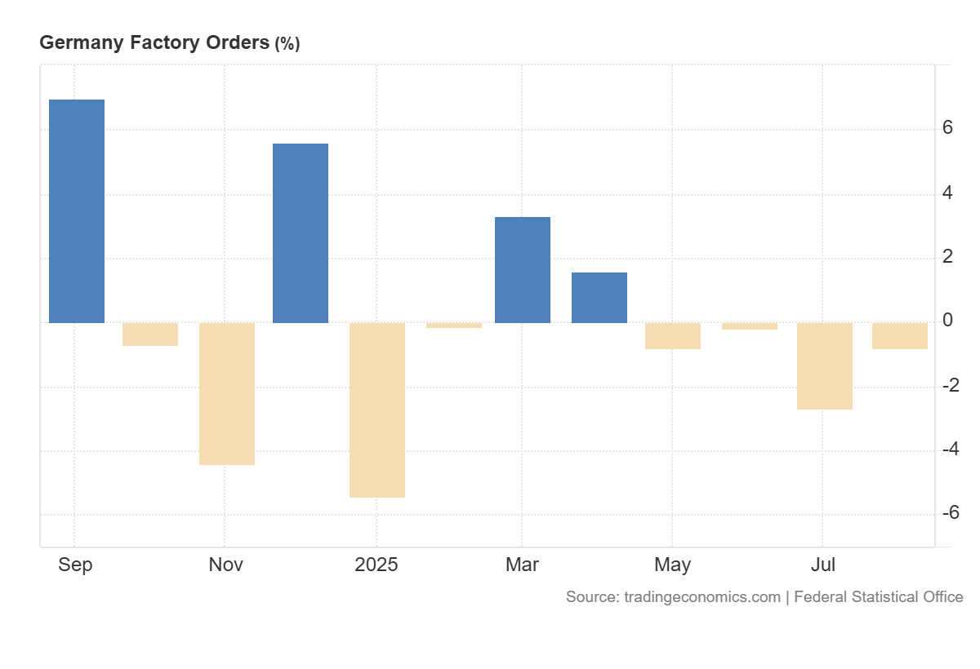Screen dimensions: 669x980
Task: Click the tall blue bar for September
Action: [x=77, y=210]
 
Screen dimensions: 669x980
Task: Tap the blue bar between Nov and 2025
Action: [x=301, y=233]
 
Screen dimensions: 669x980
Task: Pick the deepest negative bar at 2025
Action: [x=377, y=410]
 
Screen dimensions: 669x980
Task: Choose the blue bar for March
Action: [x=523, y=269]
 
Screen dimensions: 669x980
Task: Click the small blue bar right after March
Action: [x=599, y=297]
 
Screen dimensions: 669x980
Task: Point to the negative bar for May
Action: [x=673, y=335]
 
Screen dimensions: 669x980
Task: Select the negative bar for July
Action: [x=825, y=366]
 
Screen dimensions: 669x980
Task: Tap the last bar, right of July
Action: [x=900, y=335]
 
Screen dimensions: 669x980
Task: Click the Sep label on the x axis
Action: [x=75, y=565]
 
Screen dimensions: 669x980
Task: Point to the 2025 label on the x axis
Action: [x=376, y=565]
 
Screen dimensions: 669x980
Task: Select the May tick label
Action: [x=673, y=565]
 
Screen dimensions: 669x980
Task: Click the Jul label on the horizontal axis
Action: [x=822, y=565]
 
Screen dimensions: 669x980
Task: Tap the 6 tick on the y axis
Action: [x=948, y=128]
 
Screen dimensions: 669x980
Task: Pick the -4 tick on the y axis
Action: [x=950, y=450]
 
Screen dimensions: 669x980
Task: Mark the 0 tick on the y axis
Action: [x=948, y=321]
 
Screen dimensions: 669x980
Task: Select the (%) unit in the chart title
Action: [x=287, y=44]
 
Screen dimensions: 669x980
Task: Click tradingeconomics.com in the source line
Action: [x=702, y=597]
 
